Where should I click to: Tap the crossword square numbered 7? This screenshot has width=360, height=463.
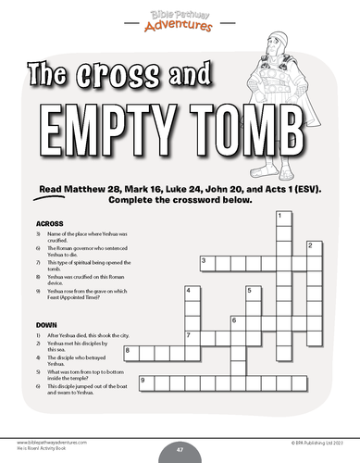click(x=190, y=336)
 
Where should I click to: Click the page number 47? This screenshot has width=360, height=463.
click(x=180, y=448)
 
